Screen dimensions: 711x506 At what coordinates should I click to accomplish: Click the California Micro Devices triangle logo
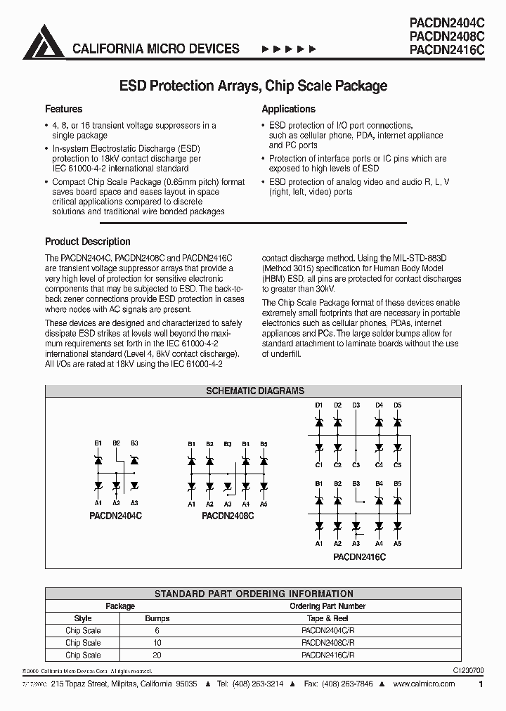[x=44, y=41]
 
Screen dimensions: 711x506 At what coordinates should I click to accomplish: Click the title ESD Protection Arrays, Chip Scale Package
[x=253, y=86]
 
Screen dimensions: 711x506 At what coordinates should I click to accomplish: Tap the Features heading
[x=63, y=109]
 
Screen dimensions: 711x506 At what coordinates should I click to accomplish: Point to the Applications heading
[x=288, y=109]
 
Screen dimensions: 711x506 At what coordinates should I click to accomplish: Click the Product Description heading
[x=87, y=241]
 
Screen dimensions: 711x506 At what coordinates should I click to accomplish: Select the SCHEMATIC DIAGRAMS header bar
[x=254, y=391]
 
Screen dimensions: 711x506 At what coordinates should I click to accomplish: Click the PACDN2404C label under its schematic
[x=116, y=515]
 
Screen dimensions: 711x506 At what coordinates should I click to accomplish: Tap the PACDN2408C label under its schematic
[x=228, y=515]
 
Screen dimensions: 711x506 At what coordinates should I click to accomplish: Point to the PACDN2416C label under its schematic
[x=359, y=556]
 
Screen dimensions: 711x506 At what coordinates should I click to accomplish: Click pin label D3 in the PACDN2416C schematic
[x=356, y=405]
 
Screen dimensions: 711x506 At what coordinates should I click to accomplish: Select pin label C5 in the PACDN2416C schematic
[x=397, y=465]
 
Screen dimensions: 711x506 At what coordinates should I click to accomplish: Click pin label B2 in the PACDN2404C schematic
[x=116, y=443]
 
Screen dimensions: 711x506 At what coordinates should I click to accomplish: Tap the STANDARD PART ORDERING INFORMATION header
[x=254, y=594]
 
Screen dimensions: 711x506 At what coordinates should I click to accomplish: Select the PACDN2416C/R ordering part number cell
[x=327, y=655]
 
